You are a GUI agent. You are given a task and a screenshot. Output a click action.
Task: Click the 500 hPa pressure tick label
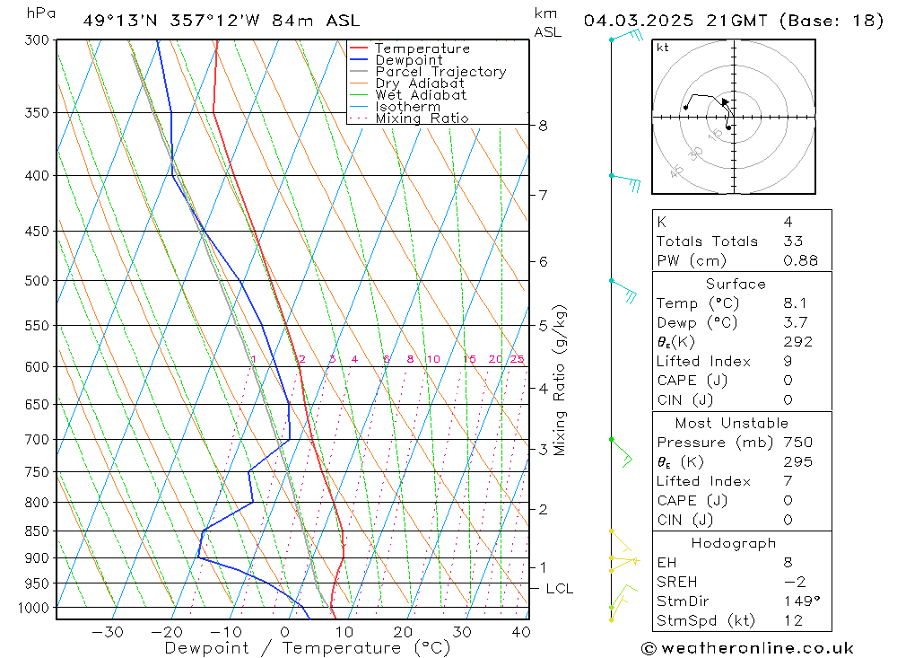click(39, 280)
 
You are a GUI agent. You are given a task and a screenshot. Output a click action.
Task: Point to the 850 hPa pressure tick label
click(39, 531)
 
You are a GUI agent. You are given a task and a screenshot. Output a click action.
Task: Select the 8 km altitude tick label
click(544, 126)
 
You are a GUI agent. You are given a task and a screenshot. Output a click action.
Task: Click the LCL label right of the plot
click(559, 589)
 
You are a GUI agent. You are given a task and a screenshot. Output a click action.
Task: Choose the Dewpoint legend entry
click(409, 60)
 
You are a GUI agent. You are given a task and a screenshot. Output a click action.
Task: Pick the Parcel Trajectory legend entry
click(440, 72)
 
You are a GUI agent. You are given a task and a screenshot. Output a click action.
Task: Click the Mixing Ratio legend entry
click(422, 118)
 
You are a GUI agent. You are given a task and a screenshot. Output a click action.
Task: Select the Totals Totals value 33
click(793, 241)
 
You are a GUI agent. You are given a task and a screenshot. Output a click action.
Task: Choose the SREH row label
click(676, 582)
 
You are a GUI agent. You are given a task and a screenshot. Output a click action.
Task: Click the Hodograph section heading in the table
click(734, 543)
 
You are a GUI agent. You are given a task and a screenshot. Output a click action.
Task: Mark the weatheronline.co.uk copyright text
click(747, 648)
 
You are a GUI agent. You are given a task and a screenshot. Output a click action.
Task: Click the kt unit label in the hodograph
click(662, 48)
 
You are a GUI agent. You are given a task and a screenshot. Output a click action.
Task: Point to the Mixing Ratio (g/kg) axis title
click(561, 380)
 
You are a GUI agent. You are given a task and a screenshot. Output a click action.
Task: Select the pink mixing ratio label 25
click(517, 359)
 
